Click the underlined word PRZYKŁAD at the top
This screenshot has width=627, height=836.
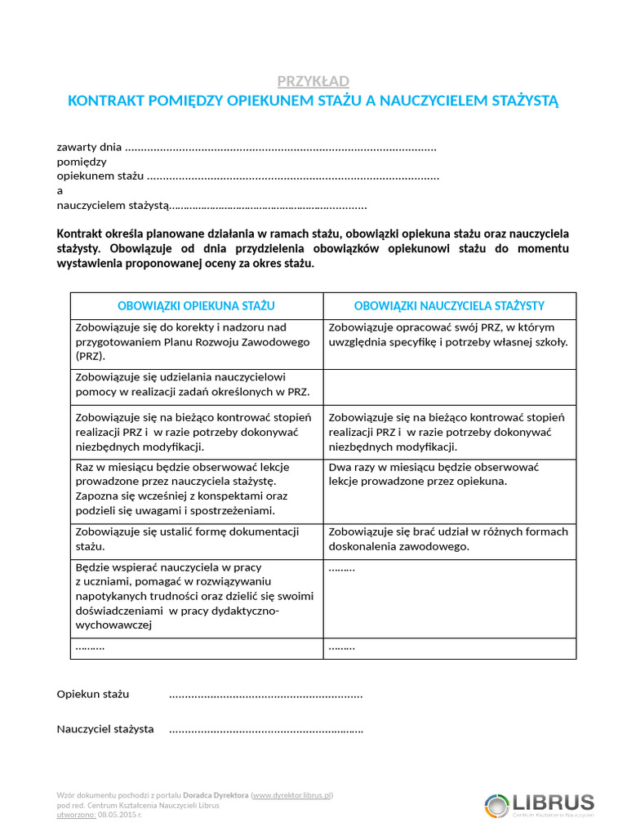click(313, 81)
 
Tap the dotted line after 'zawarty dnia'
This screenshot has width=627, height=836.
click(282, 148)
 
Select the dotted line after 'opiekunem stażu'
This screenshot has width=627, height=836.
click(293, 176)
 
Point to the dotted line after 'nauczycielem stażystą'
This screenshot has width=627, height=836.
click(269, 206)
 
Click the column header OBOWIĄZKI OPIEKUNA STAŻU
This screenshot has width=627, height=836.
click(196, 305)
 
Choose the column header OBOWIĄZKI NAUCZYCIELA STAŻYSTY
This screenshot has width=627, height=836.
click(449, 305)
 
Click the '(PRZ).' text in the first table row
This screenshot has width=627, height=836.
click(91, 357)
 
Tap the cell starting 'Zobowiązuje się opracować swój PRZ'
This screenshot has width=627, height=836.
click(448, 335)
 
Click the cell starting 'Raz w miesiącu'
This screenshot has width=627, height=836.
click(196, 488)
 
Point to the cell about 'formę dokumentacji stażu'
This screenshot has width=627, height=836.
click(196, 539)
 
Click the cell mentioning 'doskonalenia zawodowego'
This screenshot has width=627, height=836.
click(448, 539)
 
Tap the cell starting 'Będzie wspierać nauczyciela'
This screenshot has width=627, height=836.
click(196, 595)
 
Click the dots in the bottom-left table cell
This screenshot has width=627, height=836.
click(90, 647)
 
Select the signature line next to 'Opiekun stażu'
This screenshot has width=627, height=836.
click(265, 696)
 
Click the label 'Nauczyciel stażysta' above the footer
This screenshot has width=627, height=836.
click(105, 729)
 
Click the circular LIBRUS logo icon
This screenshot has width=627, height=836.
click(496, 804)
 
